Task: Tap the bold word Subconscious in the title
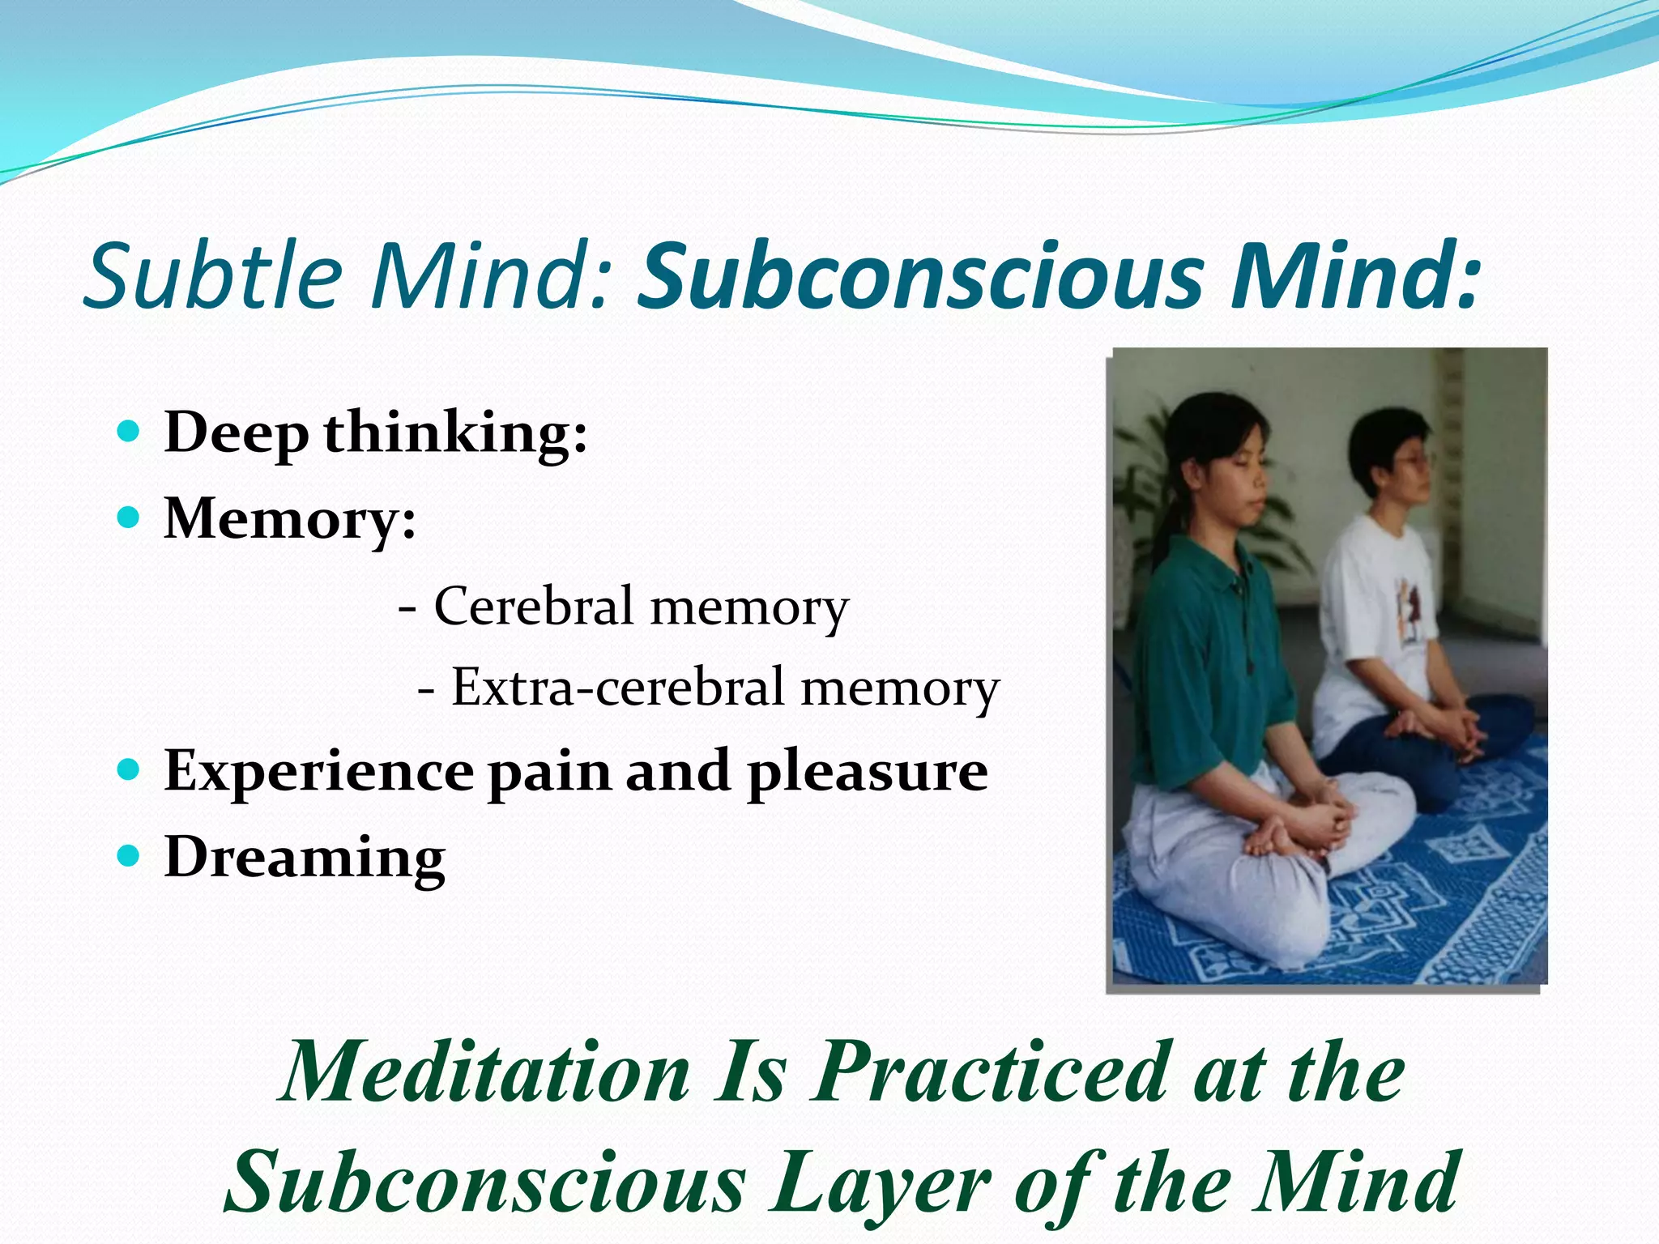(920, 276)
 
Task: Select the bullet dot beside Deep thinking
(129, 429)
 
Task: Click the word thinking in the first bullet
(455, 432)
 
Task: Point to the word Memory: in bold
(290, 518)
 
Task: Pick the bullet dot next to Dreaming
(129, 855)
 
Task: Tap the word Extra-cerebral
(617, 688)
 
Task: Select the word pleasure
(867, 771)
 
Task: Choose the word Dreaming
(305, 857)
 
